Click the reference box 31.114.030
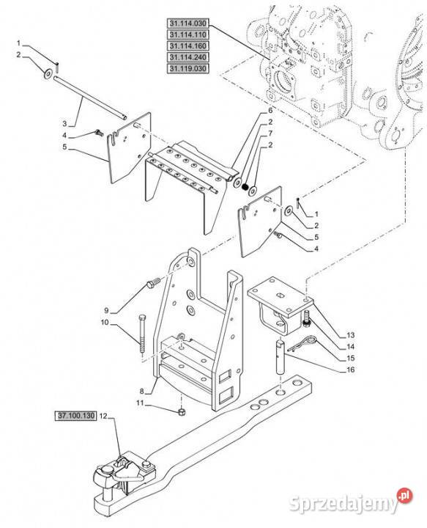(x=188, y=23)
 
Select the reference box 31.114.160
(x=188, y=46)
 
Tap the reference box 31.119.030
(x=188, y=69)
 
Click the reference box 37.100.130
(x=75, y=416)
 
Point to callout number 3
(x=64, y=124)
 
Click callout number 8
(x=141, y=392)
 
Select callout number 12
(x=103, y=417)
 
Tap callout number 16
(x=351, y=370)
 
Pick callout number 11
(x=140, y=403)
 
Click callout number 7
(x=270, y=133)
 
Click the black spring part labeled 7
(x=245, y=186)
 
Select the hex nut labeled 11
(x=181, y=411)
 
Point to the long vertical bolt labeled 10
(x=142, y=334)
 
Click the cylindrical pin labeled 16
(x=281, y=357)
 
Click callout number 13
(x=351, y=335)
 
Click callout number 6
(x=270, y=111)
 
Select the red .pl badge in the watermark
(x=404, y=496)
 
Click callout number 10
(x=105, y=322)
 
